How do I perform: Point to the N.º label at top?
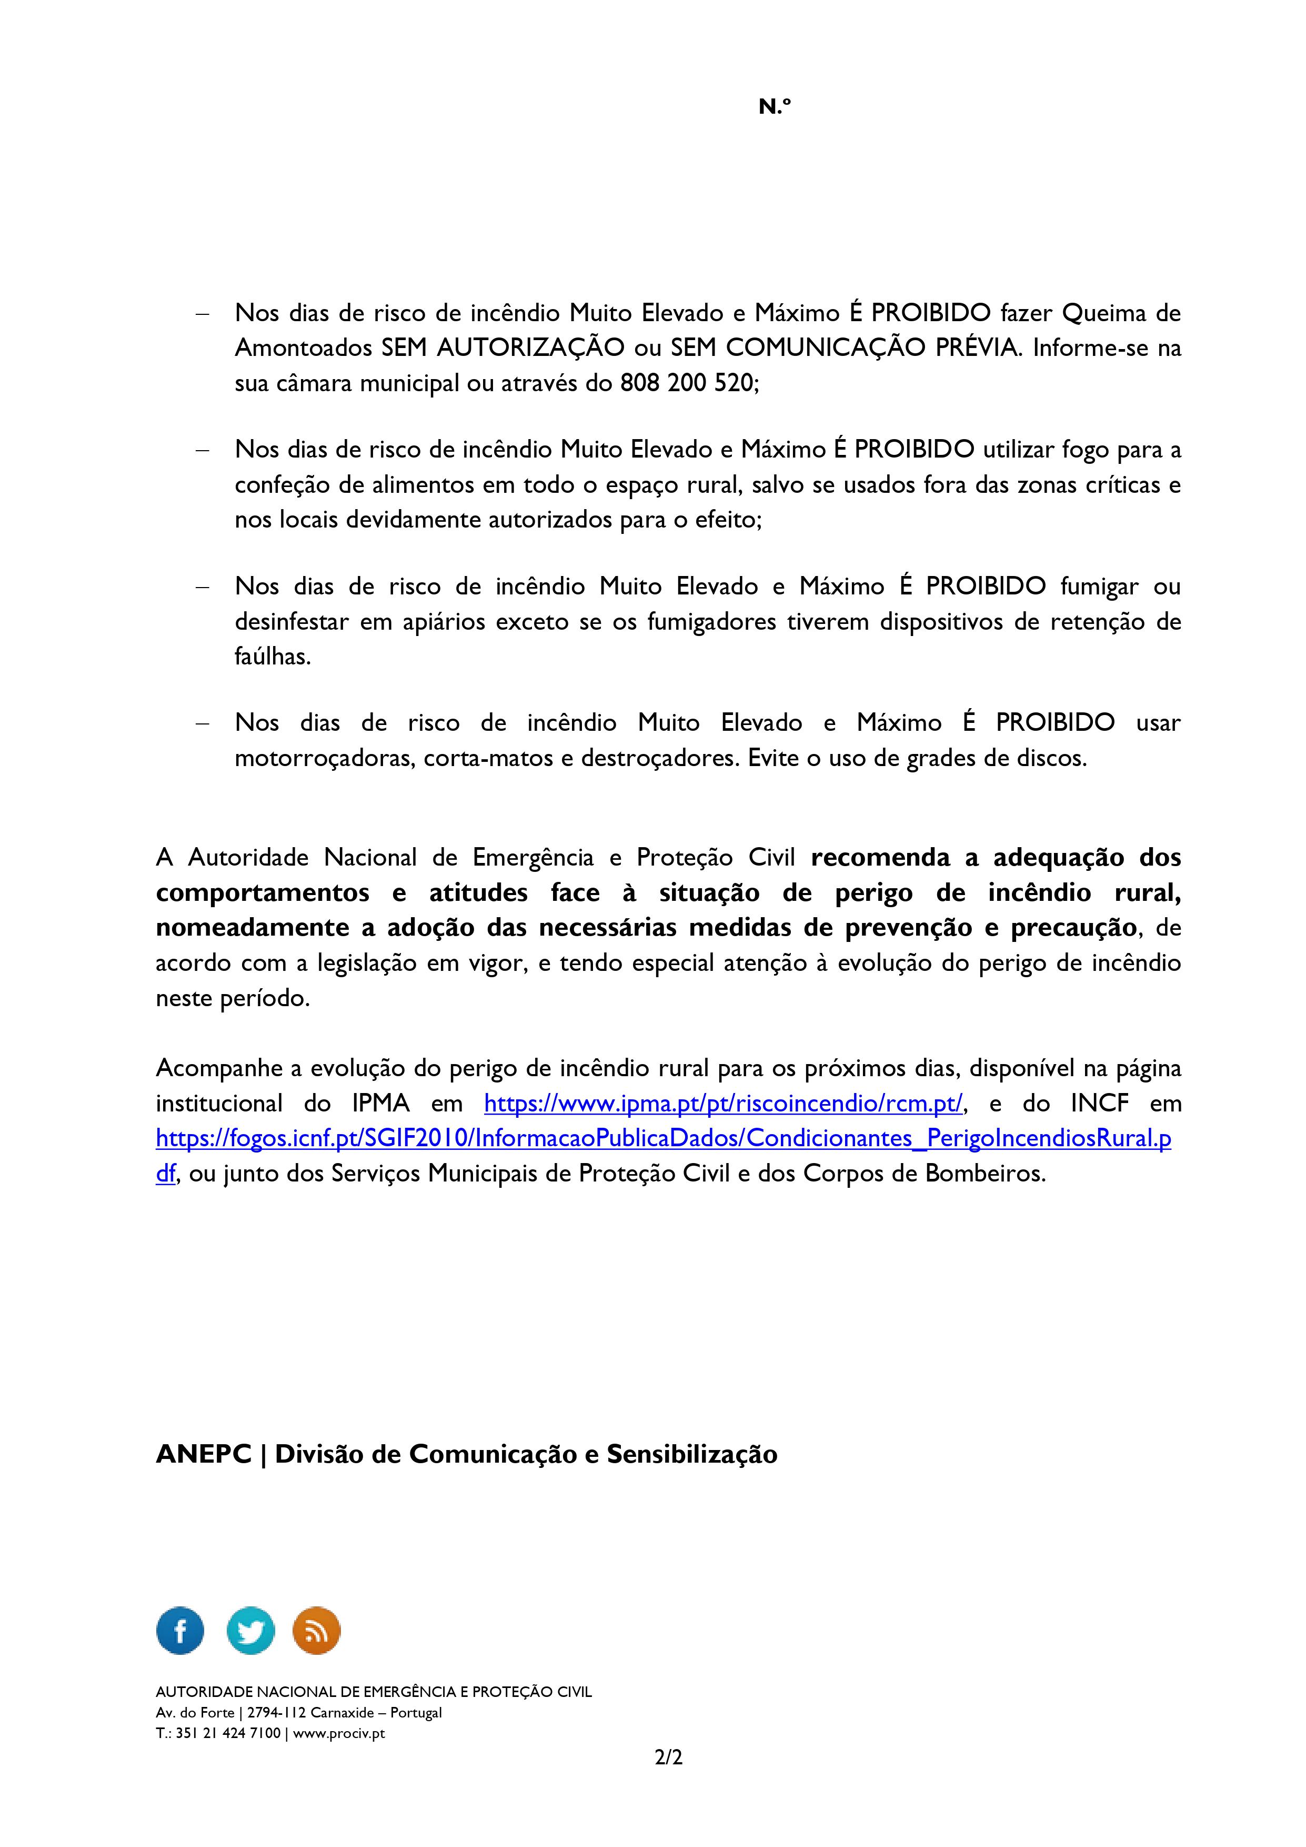pos(775,106)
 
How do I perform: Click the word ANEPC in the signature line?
pos(204,1454)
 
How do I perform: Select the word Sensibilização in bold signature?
pos(691,1454)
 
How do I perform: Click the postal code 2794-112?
pos(275,1713)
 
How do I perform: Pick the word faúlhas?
pos(272,657)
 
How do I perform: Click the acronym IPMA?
pos(381,1103)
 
